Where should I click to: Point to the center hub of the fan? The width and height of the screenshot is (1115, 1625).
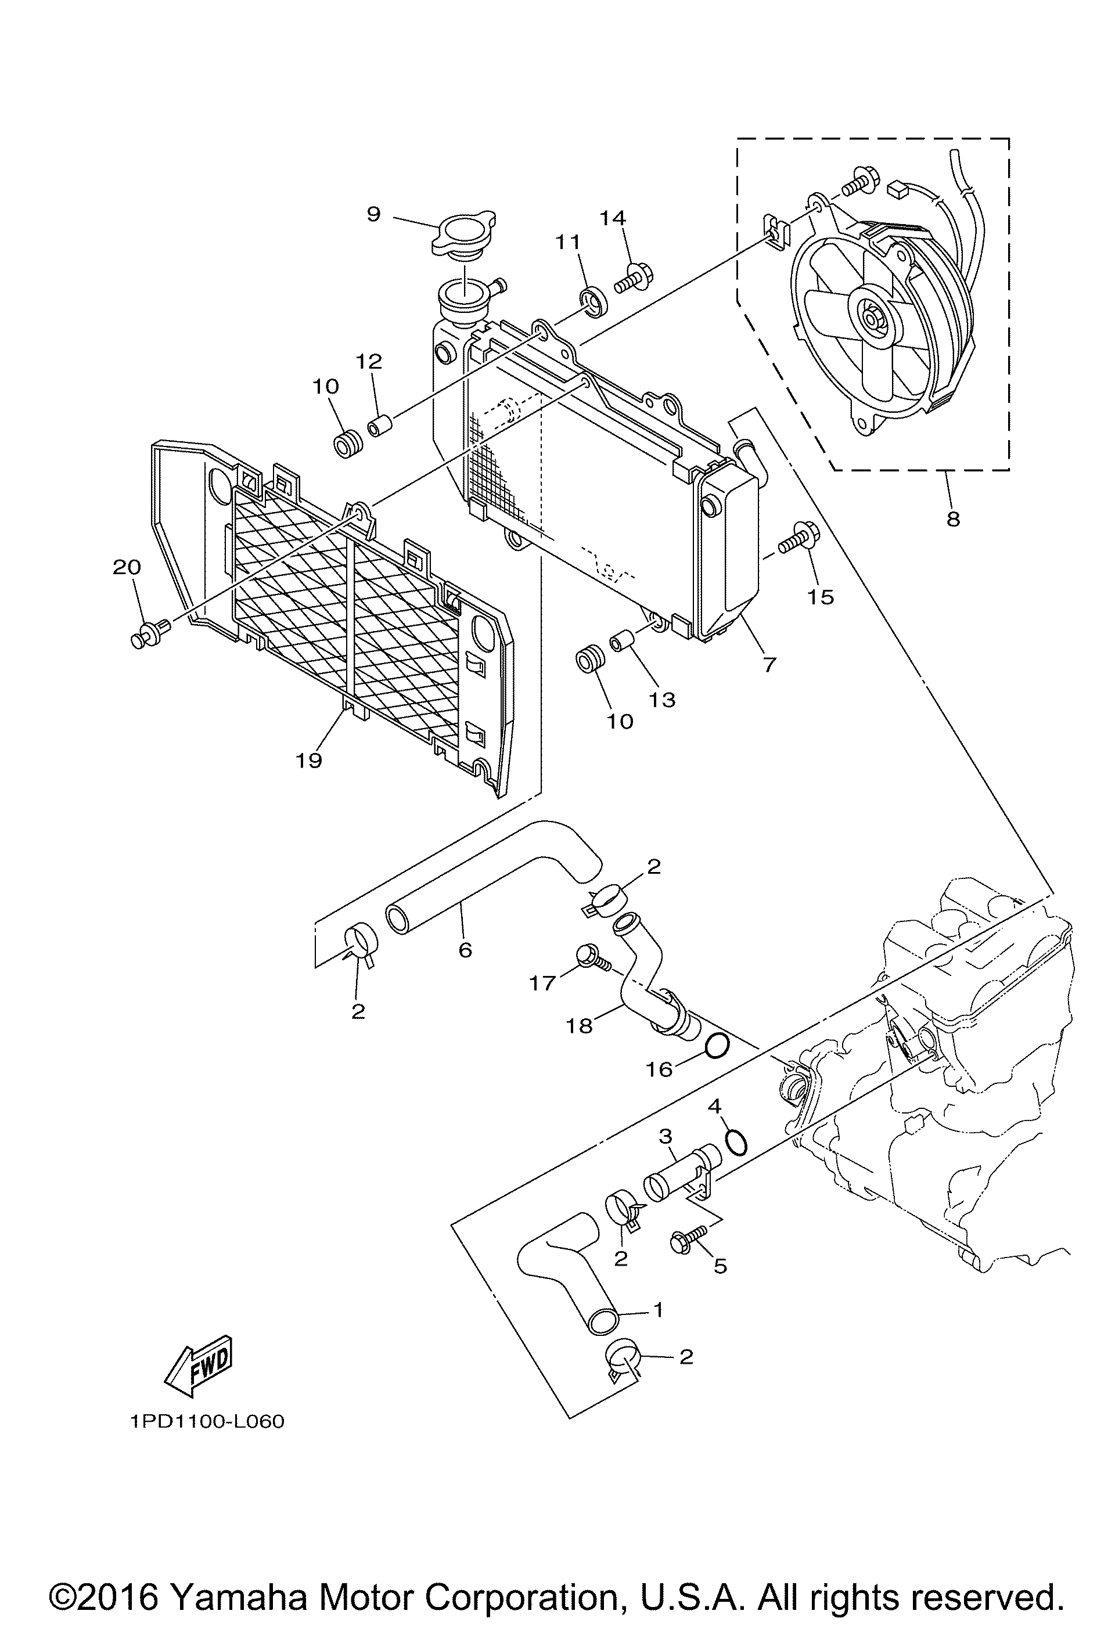pos(872,319)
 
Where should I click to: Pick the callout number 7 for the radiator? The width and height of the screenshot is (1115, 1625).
pos(769,664)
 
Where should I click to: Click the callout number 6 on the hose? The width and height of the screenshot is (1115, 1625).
pos(465,950)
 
